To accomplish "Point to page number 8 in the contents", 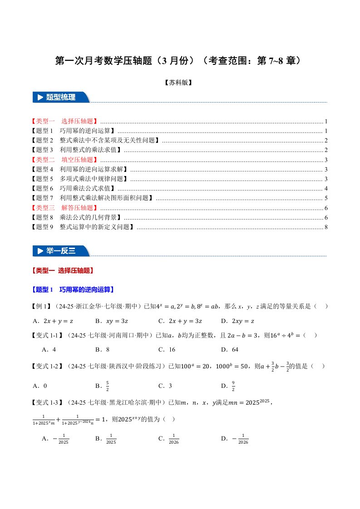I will (326, 227).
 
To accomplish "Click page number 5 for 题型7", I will (326, 198).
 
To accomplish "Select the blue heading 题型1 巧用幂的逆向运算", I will (73, 289).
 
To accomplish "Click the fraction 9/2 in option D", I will (233, 386).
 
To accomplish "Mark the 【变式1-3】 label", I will (49, 402).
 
